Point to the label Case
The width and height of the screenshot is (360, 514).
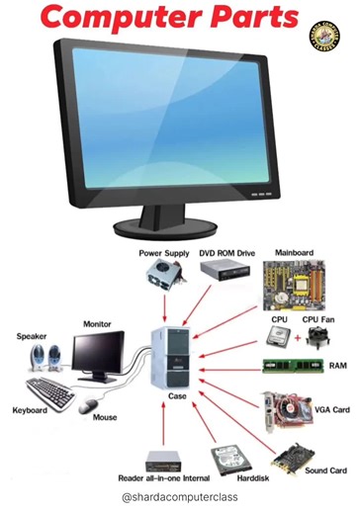(x=177, y=396)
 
